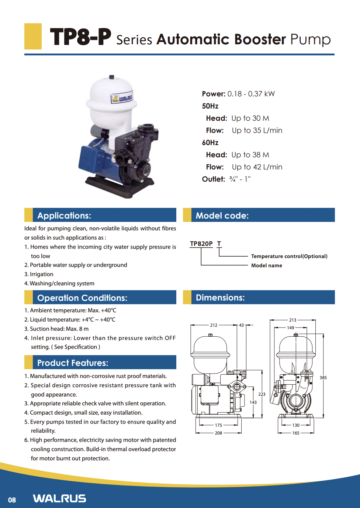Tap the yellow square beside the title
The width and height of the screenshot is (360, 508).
(x=33, y=36)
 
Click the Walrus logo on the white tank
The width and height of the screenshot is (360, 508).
(x=122, y=98)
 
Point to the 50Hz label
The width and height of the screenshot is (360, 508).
(x=210, y=106)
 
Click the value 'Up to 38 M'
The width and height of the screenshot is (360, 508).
(x=250, y=155)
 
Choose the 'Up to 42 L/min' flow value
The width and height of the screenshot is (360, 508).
(x=257, y=167)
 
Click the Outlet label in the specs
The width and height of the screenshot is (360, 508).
(x=213, y=179)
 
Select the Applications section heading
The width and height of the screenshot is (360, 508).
(x=64, y=216)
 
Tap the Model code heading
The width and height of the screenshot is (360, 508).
(x=222, y=216)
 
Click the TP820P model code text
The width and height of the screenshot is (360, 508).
(x=201, y=244)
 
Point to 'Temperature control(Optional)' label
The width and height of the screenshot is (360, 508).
(x=289, y=256)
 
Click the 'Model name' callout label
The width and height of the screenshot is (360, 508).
(x=267, y=265)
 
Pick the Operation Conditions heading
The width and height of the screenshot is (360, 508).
(x=82, y=298)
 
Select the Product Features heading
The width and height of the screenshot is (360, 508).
(x=73, y=363)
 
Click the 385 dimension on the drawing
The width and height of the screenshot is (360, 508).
(x=323, y=378)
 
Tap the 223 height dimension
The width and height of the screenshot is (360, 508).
(x=262, y=394)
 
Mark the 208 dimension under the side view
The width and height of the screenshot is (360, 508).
(x=218, y=433)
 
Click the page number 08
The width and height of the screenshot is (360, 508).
(x=12, y=500)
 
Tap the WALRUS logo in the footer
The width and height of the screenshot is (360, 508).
(x=59, y=498)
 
